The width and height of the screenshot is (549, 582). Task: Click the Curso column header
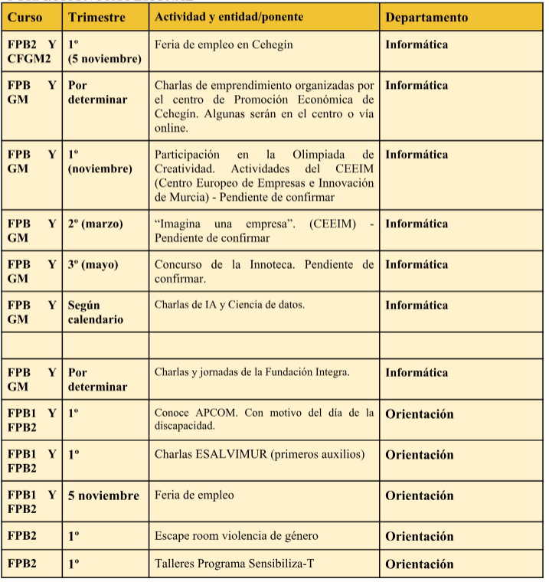click(x=25, y=17)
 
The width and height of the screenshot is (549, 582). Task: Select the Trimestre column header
click(x=96, y=17)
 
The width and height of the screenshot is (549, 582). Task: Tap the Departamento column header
click(x=426, y=17)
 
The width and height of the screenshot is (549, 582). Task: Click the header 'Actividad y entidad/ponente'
click(x=229, y=17)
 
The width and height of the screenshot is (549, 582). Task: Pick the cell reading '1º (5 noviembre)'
click(x=104, y=51)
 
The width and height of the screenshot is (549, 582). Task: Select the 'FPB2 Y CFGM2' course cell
click(x=31, y=51)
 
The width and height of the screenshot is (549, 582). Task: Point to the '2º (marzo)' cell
click(x=95, y=224)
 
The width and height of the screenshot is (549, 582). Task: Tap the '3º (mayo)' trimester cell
click(x=93, y=264)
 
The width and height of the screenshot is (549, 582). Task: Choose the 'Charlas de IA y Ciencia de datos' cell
click(x=230, y=305)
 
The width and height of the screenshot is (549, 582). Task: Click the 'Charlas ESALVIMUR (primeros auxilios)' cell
click(x=260, y=454)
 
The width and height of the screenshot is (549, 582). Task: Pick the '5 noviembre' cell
click(x=104, y=495)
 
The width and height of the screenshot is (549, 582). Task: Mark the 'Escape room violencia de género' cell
click(x=236, y=536)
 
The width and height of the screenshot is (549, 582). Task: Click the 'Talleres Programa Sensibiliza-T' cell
click(x=234, y=564)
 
